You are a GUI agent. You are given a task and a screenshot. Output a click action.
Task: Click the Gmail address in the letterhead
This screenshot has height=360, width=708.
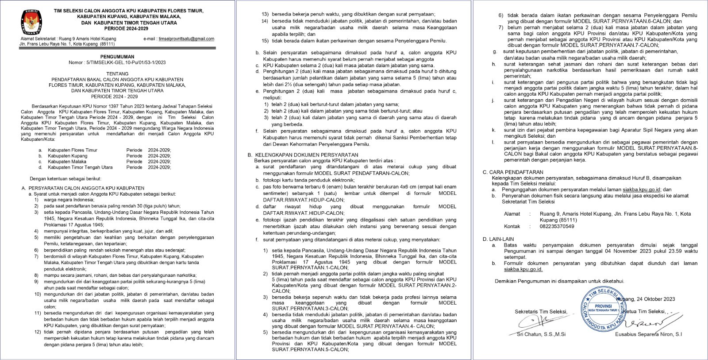click(186, 39)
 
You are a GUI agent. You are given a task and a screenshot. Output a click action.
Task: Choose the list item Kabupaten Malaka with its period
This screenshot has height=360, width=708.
click(104, 162)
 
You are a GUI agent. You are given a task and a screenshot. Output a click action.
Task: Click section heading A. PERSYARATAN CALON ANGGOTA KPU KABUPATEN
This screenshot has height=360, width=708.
click(83, 188)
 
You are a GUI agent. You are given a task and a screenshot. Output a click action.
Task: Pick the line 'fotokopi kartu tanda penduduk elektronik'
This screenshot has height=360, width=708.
click(305, 180)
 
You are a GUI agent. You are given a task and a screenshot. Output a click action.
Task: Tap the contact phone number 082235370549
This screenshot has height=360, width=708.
click(550, 226)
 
